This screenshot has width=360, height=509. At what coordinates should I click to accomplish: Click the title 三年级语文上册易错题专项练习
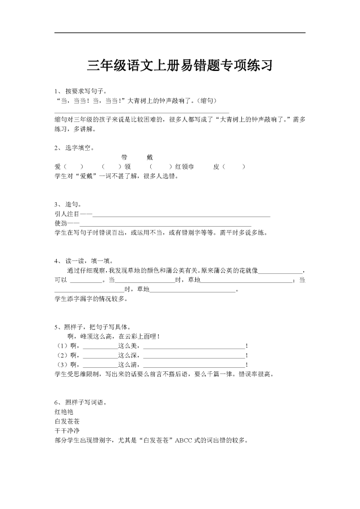(x=180, y=65)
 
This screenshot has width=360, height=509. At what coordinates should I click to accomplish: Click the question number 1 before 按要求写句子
(x=56, y=91)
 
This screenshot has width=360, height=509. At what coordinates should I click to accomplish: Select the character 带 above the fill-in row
(x=125, y=157)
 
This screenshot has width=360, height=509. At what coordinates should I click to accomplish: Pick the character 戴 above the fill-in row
(x=149, y=157)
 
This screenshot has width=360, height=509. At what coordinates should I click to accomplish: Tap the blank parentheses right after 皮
(x=236, y=166)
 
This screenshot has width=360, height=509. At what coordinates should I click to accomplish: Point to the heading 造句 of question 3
(x=74, y=204)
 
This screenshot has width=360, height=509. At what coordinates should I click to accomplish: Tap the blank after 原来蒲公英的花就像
(x=281, y=271)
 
